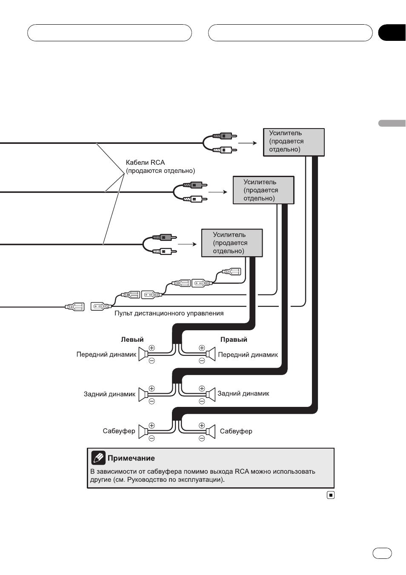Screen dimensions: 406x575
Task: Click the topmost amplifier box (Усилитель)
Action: tap(294, 142)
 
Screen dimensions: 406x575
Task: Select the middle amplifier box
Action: tap(263, 190)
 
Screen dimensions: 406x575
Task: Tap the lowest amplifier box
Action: tap(232, 243)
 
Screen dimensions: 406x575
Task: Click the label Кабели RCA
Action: tap(145, 163)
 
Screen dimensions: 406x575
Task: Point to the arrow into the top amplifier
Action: tap(247, 143)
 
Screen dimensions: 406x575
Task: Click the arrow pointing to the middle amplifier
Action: tap(217, 192)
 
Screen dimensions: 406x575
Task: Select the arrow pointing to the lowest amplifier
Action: tap(187, 244)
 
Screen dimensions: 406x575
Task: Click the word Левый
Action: tap(132, 340)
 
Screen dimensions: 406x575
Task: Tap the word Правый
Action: tap(234, 340)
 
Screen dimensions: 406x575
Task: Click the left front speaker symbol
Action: tap(143, 354)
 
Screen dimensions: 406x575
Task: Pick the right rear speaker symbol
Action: tap(211, 395)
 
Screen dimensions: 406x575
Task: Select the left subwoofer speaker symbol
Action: tap(143, 432)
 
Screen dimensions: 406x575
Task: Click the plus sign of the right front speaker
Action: tap(202, 348)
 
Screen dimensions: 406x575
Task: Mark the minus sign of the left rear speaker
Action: tap(152, 401)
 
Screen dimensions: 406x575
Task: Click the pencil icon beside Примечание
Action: tap(98, 458)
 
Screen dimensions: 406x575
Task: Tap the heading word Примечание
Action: tap(131, 458)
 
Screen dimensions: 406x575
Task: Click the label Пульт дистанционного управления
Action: tap(169, 313)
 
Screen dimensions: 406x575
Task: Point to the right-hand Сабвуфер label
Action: tap(236, 431)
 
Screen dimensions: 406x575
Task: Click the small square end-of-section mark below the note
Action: tap(331, 495)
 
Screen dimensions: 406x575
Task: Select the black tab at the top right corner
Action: tap(392, 33)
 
